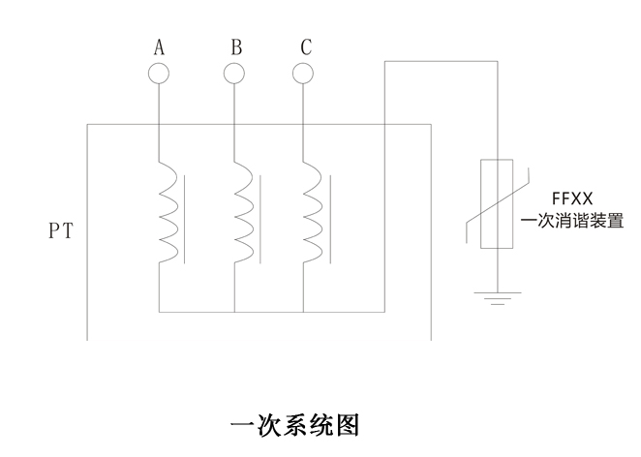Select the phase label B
235,46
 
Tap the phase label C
305,46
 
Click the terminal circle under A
158,73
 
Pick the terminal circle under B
234,73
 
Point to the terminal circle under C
303,73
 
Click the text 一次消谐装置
571,221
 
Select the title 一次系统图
295,425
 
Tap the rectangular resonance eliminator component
497,203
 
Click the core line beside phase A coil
186,219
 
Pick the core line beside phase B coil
261,219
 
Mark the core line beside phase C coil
331,219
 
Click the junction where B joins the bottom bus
234,312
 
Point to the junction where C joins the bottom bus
303,312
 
